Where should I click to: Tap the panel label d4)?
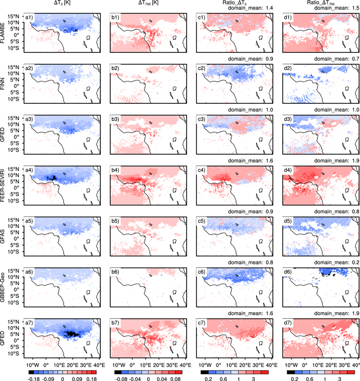290,172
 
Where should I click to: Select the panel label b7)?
117,326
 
